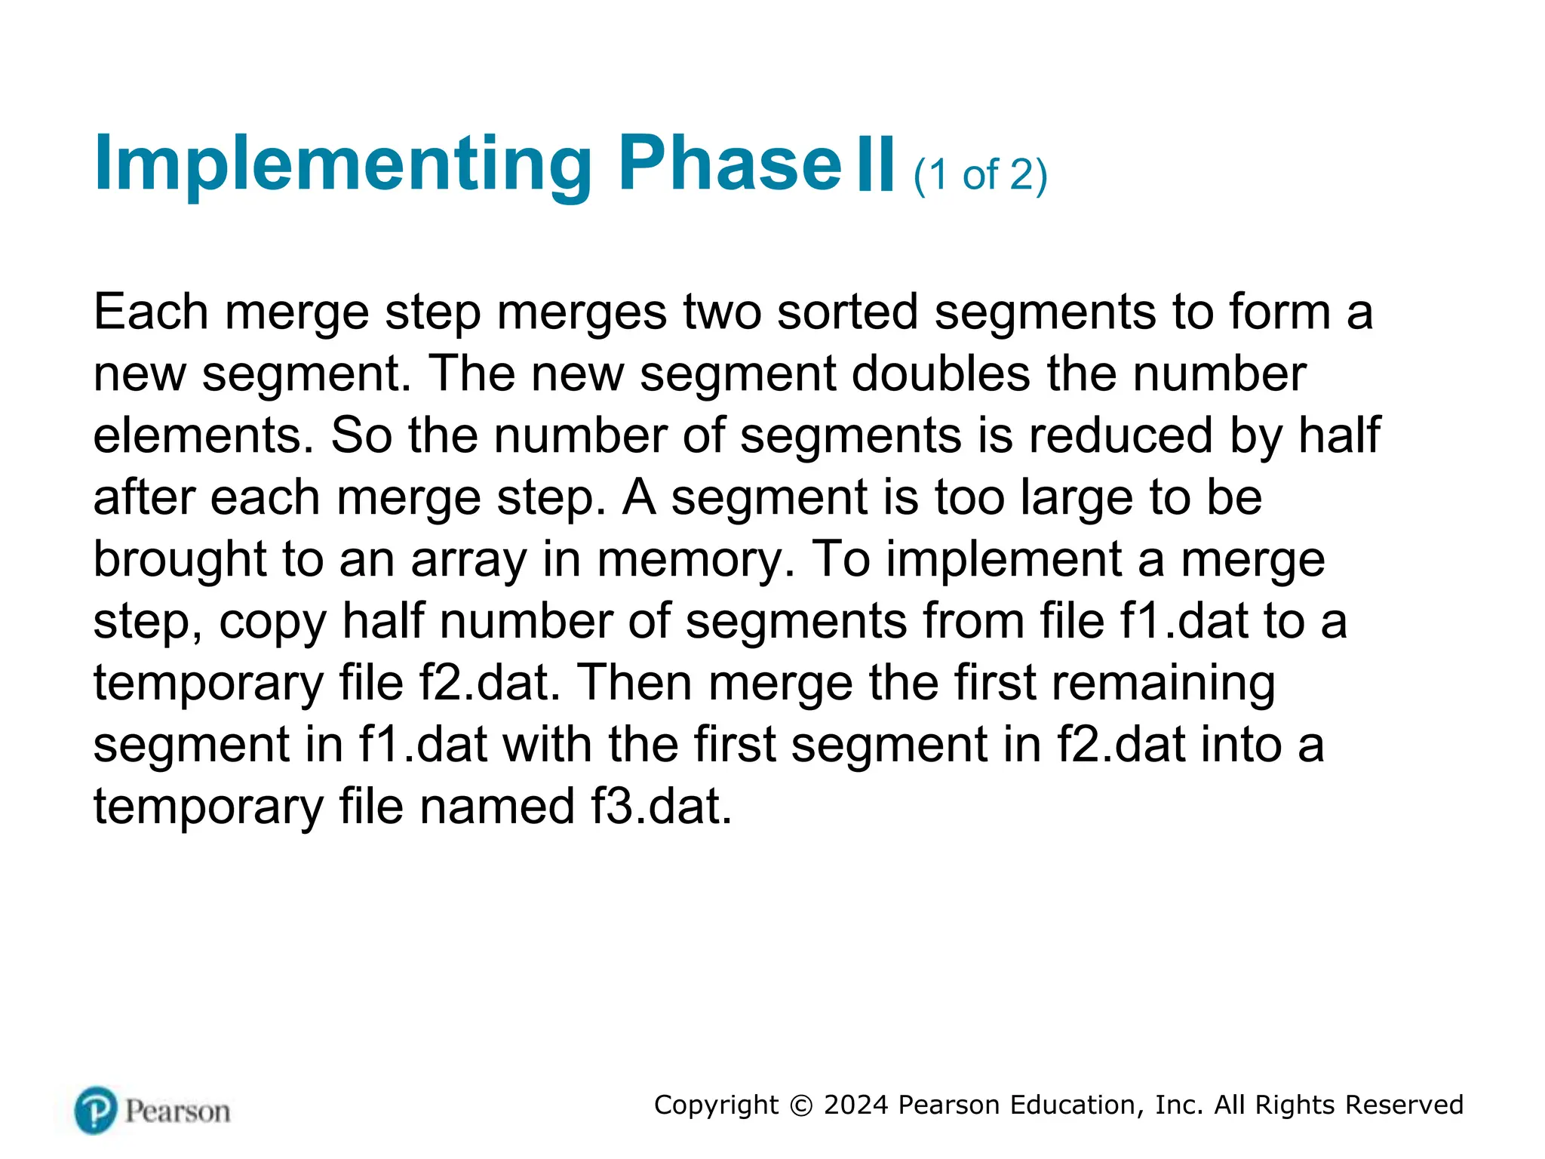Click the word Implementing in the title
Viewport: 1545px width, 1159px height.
point(343,164)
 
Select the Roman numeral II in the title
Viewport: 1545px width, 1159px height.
point(876,164)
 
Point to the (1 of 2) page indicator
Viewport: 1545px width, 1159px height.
point(980,175)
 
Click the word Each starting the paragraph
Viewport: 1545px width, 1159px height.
point(151,312)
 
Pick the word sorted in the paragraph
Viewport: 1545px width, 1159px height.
point(847,312)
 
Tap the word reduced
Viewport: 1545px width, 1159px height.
point(1122,435)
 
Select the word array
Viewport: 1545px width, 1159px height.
point(468,560)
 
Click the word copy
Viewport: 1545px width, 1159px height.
point(272,622)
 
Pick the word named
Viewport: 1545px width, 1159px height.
point(497,807)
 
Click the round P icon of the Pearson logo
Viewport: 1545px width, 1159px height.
point(96,1110)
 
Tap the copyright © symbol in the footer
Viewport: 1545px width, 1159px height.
point(800,1105)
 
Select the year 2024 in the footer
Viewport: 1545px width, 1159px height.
point(855,1105)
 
